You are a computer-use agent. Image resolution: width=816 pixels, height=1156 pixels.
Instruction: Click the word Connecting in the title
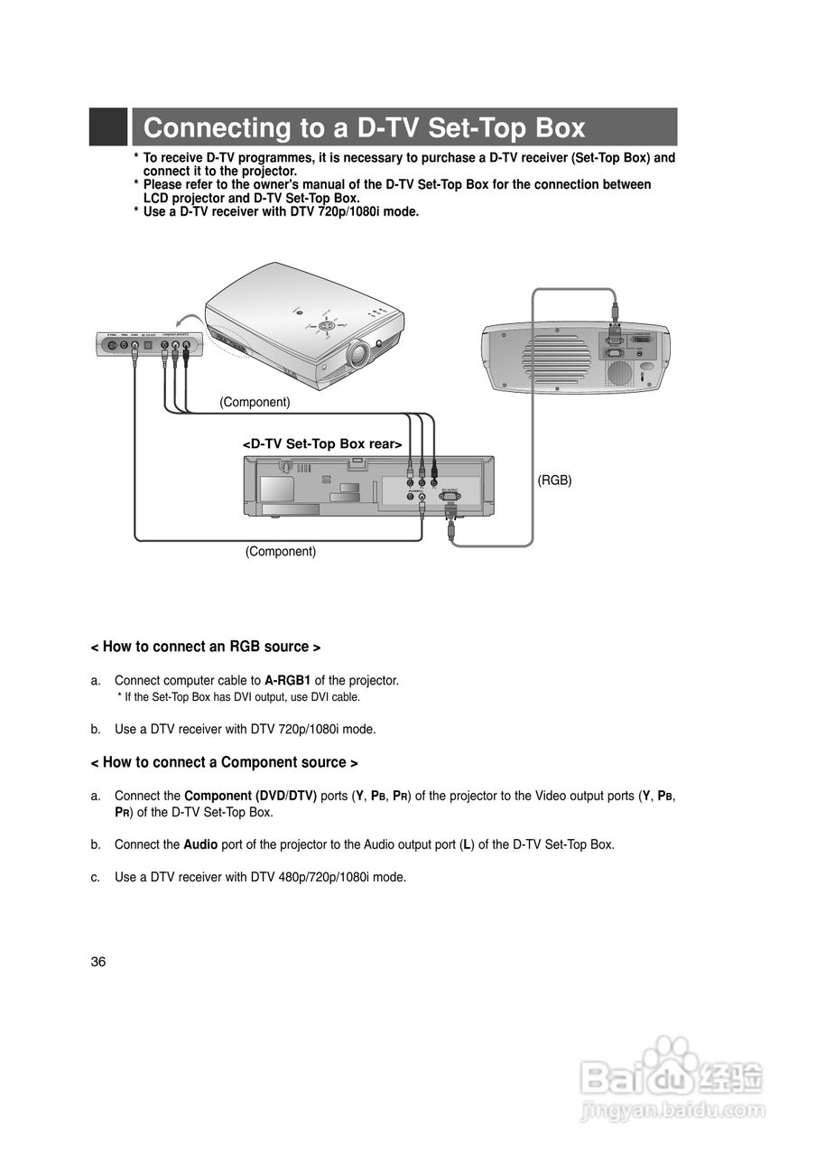point(212,128)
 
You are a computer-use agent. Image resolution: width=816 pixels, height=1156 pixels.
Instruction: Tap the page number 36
point(98,961)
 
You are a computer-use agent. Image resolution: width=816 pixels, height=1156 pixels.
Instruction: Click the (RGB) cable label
point(555,480)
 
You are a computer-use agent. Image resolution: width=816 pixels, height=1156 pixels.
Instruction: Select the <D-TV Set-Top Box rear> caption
point(322,443)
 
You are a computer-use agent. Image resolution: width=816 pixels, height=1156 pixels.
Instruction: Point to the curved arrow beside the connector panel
point(189,321)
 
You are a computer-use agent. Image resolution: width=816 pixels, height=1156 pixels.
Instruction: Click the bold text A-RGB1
point(287,680)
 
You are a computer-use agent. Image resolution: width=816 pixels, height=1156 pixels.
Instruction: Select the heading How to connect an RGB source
point(206,647)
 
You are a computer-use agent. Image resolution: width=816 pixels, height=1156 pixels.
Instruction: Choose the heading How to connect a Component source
point(225,762)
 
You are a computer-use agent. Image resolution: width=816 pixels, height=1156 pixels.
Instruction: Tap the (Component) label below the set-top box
point(281,551)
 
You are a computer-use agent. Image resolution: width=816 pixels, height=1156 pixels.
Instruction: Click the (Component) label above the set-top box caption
point(255,402)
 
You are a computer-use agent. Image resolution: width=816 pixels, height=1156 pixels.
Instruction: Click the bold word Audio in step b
point(200,844)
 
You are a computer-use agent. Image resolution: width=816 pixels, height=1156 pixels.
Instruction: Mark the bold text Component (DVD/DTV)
point(250,796)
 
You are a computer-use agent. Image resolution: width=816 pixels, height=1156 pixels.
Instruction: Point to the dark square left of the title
point(107,127)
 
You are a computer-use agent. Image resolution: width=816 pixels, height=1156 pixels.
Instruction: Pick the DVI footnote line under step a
point(238,696)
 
